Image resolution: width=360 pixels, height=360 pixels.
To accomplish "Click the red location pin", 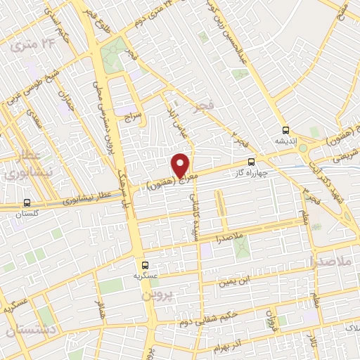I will (x=181, y=165).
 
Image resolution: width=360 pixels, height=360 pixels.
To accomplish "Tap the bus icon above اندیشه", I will (x=285, y=130).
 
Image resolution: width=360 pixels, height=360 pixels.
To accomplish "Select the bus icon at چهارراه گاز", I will (x=252, y=162).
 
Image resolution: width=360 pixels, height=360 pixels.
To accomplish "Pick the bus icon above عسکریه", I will (x=145, y=265).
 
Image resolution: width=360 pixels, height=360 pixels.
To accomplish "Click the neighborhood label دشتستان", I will (x=25, y=329).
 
